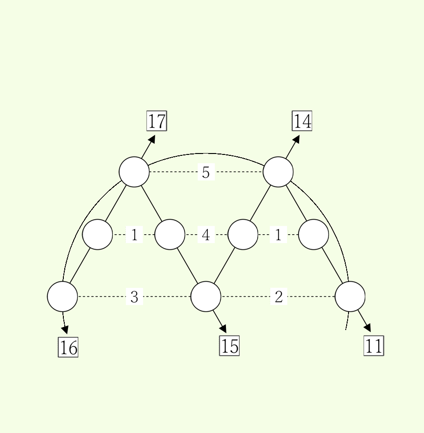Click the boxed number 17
[157, 121]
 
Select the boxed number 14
[302, 121]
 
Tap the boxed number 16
[68, 347]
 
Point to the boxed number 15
[229, 346]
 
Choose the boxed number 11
[374, 346]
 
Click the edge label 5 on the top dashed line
[206, 172]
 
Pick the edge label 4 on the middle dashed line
[206, 235]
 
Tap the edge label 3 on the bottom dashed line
[134, 297]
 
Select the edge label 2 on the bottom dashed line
[279, 297]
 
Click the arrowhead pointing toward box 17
[152, 139]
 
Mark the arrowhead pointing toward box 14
[296, 139]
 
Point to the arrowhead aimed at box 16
[65, 330]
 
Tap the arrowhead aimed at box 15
[223, 328]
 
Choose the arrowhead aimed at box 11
[368, 328]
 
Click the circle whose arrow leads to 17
[134, 172]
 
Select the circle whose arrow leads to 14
[278, 172]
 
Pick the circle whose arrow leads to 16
[62, 297]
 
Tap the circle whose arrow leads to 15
[206, 297]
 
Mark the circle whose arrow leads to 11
[350, 297]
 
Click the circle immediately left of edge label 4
[170, 234]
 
